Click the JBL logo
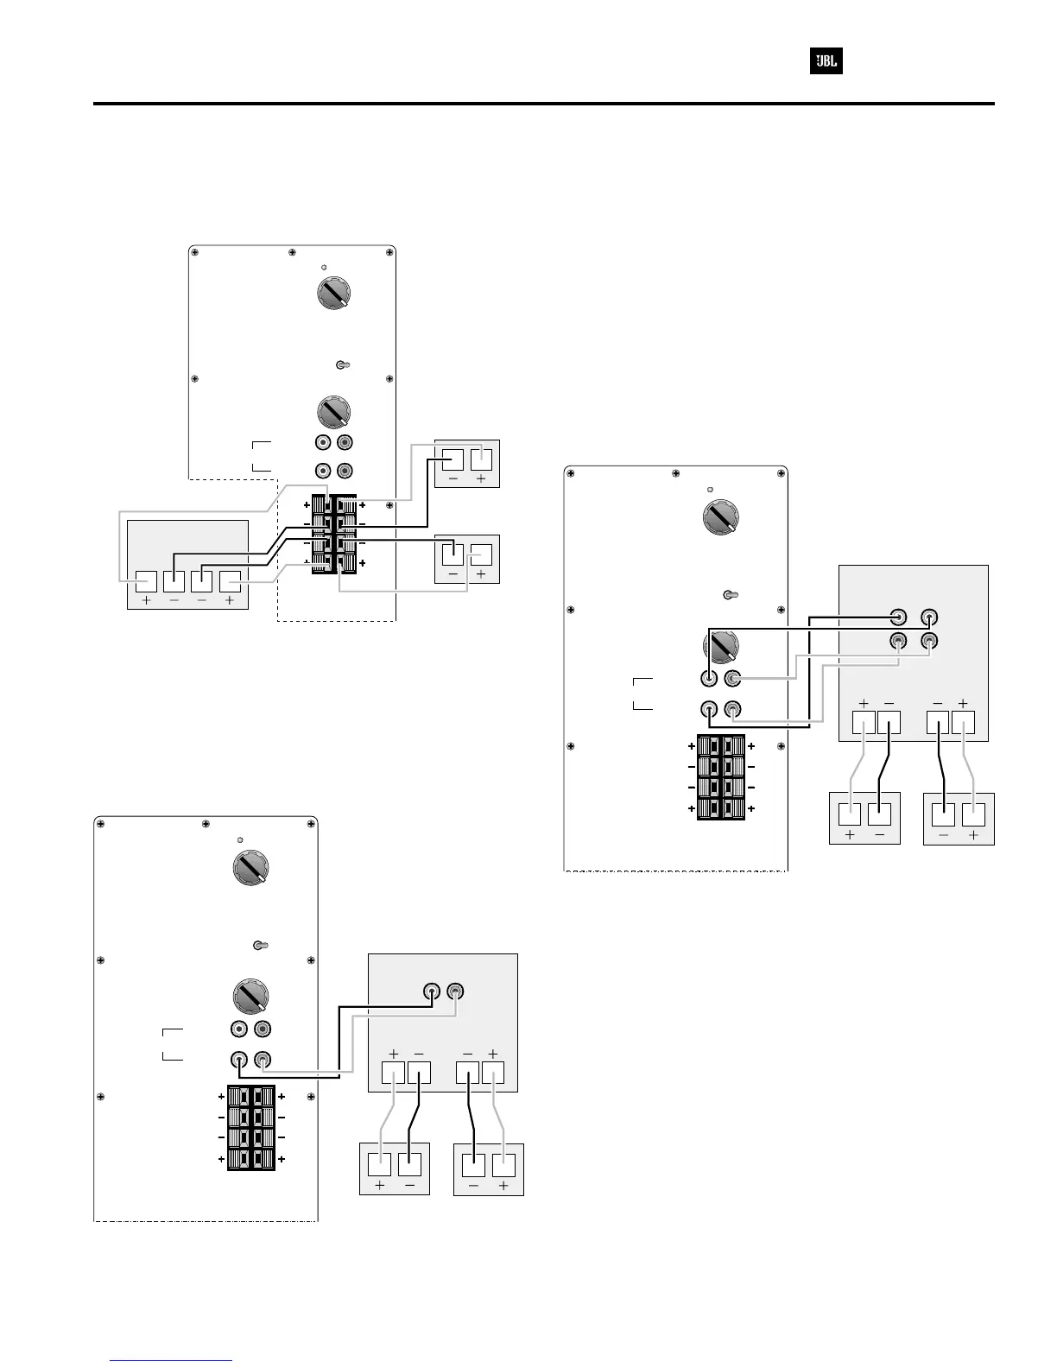click(x=826, y=62)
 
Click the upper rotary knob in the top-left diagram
click(x=334, y=294)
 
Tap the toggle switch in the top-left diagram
click(x=342, y=365)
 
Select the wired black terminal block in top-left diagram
click(x=334, y=534)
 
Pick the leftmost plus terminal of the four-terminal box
click(x=145, y=583)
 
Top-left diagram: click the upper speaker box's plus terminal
click(x=481, y=458)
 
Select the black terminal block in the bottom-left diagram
click(x=251, y=1128)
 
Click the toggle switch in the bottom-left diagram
click(x=258, y=944)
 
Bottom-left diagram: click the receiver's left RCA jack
click(x=432, y=991)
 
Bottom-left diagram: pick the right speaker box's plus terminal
click(x=503, y=1164)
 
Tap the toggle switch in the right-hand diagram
click(x=728, y=594)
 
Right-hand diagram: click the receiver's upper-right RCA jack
click(x=929, y=618)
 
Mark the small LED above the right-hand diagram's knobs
click(x=710, y=490)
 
